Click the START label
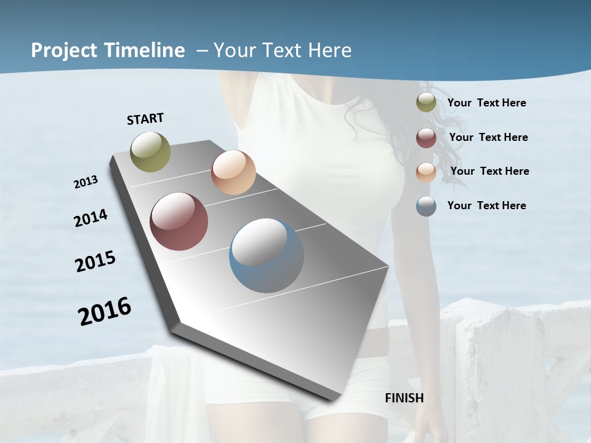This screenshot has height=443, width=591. (x=145, y=119)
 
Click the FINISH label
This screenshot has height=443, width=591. (x=404, y=398)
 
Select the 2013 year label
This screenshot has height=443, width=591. (x=86, y=182)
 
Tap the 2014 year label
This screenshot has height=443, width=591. (x=90, y=218)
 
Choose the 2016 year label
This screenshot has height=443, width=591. (x=105, y=311)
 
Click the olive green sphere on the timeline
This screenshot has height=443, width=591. (x=151, y=151)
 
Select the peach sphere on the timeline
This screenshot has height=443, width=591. (x=233, y=172)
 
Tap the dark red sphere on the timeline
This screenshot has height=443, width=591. (x=179, y=221)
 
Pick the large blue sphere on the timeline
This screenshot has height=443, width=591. (x=267, y=255)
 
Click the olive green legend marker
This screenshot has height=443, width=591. (x=426, y=103)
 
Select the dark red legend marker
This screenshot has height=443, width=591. (x=426, y=138)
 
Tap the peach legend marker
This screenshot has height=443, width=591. (x=426, y=172)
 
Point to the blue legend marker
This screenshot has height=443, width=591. (x=426, y=206)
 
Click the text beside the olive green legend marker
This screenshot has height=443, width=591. (x=486, y=103)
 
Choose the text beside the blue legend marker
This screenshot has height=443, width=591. (x=486, y=206)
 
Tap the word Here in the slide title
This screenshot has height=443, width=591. (x=329, y=50)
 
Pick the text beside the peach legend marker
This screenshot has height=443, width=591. (x=489, y=171)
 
